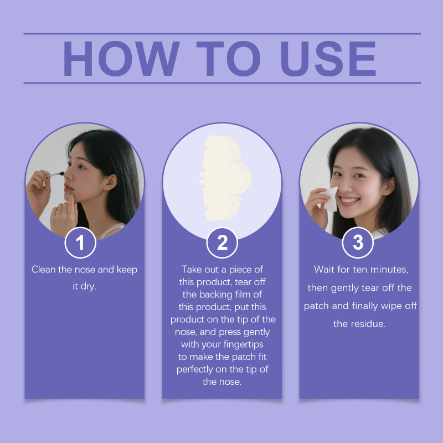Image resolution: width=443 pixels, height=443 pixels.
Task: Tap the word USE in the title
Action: pos(328,59)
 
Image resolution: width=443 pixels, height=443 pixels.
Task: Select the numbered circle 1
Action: pos(80,243)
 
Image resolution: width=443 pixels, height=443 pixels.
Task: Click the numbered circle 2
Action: pos(222,243)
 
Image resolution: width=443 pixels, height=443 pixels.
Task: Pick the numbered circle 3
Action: pos(358,243)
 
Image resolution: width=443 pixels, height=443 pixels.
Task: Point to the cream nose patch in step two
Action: pos(225,178)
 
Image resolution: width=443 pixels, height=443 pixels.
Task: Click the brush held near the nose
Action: pos(54,174)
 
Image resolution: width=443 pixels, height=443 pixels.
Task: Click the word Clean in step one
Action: pos(44,269)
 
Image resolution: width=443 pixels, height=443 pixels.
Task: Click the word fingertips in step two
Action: pos(244,344)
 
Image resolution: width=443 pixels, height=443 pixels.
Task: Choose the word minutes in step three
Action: pos(389,270)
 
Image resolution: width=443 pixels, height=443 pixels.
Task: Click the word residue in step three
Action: pos(368,324)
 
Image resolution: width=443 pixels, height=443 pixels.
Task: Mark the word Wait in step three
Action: pos(324,269)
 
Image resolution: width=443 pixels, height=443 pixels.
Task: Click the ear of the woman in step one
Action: pos(110,182)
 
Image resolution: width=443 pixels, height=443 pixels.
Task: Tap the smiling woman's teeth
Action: pos(349,201)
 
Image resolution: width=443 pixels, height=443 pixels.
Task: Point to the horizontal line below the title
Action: pos(222,83)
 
